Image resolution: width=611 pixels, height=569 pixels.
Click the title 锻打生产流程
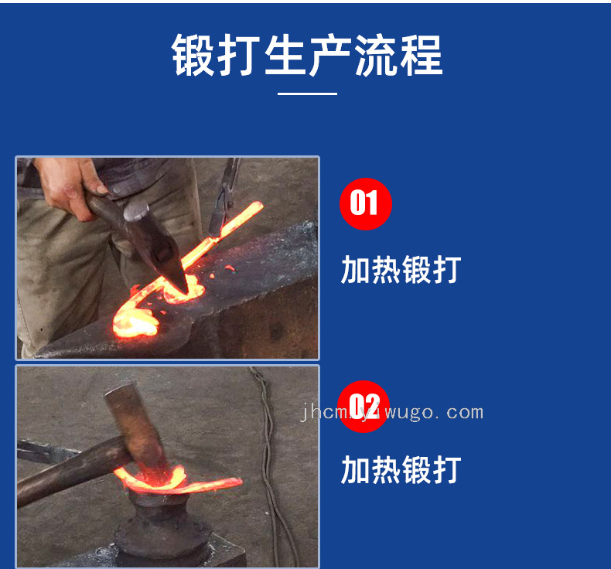[x=307, y=55]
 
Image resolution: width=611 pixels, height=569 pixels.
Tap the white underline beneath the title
[x=307, y=94]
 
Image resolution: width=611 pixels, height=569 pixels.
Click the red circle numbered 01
[x=366, y=203]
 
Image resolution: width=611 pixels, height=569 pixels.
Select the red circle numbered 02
[x=364, y=407]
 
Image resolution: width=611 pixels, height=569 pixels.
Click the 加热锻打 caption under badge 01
[x=401, y=270]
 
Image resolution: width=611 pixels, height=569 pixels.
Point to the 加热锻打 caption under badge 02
[x=401, y=470]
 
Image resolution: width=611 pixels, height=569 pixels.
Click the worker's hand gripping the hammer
[x=70, y=187]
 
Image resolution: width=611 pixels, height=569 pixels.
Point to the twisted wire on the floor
[x=270, y=468]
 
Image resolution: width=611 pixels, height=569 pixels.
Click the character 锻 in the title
[x=193, y=55]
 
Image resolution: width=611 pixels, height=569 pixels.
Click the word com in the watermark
[x=465, y=412]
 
